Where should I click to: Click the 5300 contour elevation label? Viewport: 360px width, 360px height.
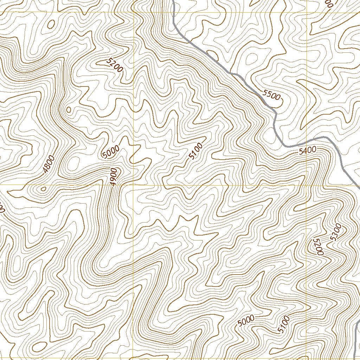coord(336,232)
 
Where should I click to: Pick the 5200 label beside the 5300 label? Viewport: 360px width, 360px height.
coord(318,246)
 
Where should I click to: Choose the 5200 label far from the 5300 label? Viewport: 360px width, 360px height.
coord(115,65)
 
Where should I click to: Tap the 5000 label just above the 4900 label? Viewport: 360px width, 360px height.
coord(111,152)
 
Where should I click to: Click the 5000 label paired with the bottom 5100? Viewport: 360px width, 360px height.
coord(246,320)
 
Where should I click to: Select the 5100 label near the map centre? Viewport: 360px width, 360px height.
coord(195,152)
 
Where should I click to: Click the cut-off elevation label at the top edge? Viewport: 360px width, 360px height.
coord(329,3)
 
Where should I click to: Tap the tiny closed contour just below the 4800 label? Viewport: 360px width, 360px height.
coord(43,189)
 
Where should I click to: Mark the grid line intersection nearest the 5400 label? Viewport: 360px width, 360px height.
coord(306,185)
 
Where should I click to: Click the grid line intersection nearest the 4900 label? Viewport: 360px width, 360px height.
coord(134,185)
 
